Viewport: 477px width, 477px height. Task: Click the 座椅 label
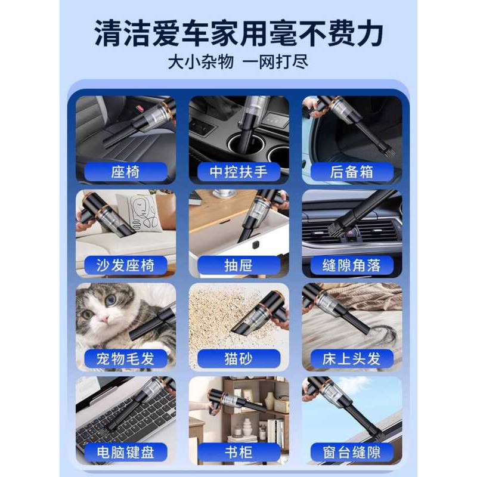[126, 172]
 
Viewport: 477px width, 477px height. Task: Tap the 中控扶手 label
[238, 172]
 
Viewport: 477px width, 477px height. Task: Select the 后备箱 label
[352, 172]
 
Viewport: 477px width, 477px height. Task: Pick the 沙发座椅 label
[126, 265]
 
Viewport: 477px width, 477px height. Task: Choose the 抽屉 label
[238, 265]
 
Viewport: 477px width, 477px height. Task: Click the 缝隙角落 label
[352, 265]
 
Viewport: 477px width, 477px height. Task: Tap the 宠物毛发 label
[126, 359]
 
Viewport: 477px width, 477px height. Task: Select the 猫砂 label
[238, 359]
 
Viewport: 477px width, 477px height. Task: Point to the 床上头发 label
[352, 359]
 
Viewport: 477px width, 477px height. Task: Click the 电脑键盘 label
[126, 453]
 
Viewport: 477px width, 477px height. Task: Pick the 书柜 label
[238, 453]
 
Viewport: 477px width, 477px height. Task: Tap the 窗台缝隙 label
[352, 453]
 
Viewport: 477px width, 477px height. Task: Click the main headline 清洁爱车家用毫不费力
[238, 33]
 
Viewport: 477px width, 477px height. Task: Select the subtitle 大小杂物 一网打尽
[238, 63]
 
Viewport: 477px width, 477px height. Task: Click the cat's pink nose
[104, 318]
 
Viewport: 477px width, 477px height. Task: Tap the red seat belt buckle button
[140, 108]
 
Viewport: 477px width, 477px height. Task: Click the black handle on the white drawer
[256, 244]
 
